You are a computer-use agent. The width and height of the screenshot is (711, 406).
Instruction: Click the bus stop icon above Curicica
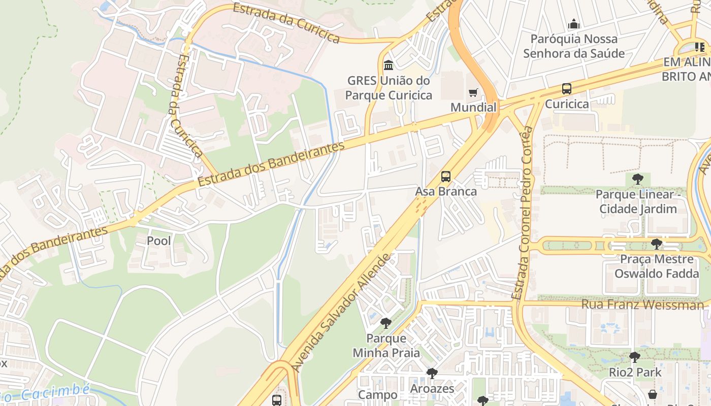567,89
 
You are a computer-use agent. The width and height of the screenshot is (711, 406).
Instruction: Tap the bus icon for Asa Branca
446,177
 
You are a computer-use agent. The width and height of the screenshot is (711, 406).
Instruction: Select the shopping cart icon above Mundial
473,92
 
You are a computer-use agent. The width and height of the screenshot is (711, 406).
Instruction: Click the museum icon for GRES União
389,65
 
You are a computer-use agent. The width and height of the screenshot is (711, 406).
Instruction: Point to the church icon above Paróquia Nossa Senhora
574,24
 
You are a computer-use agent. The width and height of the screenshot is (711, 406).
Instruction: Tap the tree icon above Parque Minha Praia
386,323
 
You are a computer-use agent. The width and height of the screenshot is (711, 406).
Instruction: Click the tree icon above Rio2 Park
634,357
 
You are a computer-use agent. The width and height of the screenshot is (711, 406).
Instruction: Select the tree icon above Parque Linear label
638,179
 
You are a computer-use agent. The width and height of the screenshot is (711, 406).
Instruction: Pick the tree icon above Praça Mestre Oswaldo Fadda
657,244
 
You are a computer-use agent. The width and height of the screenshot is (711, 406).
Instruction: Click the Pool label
159,241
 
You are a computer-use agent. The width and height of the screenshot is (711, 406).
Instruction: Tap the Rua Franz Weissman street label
642,304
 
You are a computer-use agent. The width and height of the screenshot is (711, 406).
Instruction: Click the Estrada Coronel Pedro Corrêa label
523,213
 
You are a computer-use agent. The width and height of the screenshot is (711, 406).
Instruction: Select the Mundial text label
473,108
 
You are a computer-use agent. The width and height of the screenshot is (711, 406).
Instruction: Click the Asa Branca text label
446,191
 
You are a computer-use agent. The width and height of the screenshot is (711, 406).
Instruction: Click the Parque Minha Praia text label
386,346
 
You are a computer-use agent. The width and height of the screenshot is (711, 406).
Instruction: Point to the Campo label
378,395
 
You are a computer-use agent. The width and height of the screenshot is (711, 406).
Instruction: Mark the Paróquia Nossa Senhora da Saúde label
574,46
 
